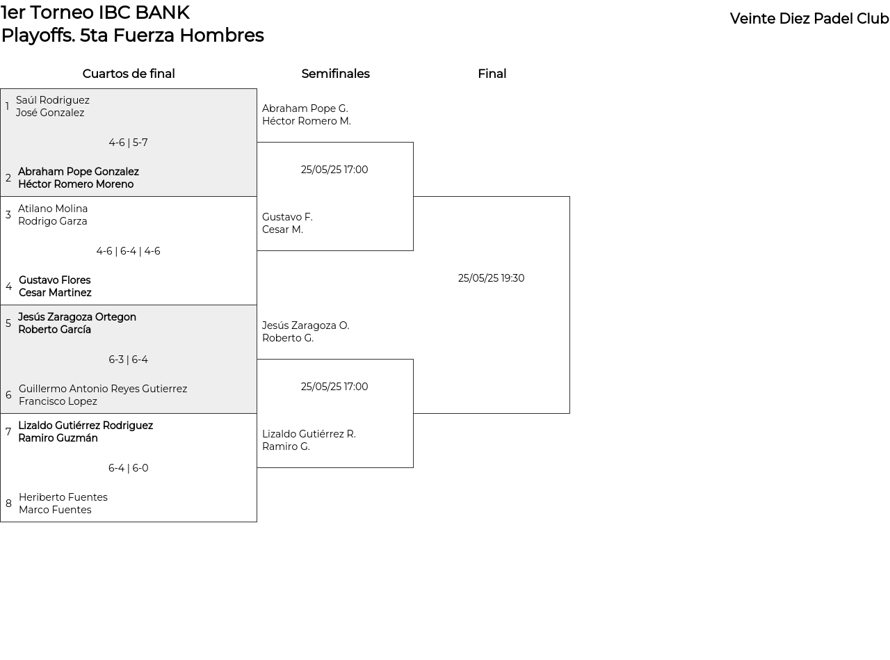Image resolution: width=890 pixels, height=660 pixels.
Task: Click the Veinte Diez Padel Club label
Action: pyautogui.click(x=809, y=19)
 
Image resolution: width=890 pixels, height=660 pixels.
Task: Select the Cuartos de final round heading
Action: pyautogui.click(x=129, y=74)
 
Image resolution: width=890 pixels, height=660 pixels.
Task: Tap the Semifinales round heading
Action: pyautogui.click(x=335, y=74)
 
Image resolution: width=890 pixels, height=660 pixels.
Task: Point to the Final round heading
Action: pyautogui.click(x=492, y=74)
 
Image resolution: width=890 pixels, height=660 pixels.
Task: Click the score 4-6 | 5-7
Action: pyautogui.click(x=128, y=143)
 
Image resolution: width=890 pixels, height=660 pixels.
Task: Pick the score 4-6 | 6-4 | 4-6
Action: pyautogui.click(x=128, y=251)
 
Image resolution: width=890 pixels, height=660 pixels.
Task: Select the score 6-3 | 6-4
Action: pyautogui.click(x=128, y=360)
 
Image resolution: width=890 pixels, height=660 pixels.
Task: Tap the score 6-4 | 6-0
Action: pyautogui.click(x=128, y=467)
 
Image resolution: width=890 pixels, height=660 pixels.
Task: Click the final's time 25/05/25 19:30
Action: pyautogui.click(x=491, y=277)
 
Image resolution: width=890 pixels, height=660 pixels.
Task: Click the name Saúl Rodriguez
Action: pyautogui.click(x=53, y=100)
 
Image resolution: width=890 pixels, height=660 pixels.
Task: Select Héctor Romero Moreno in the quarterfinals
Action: pyautogui.click(x=76, y=184)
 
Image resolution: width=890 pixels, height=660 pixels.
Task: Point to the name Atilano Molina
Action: pyautogui.click(x=53, y=209)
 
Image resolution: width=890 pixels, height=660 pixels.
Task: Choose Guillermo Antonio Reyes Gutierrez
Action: pyautogui.click(x=103, y=389)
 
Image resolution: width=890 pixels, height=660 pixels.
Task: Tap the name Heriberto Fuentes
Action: pyautogui.click(x=63, y=497)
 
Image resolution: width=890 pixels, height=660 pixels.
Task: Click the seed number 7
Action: pyautogui.click(x=8, y=432)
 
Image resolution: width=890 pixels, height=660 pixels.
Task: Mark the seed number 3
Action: pyautogui.click(x=8, y=215)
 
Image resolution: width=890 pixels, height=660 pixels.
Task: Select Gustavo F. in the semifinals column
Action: pyautogui.click(x=287, y=217)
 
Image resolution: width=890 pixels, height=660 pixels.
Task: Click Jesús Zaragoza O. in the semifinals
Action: pyautogui.click(x=306, y=325)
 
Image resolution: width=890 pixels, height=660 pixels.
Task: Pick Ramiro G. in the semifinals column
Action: pyautogui.click(x=286, y=446)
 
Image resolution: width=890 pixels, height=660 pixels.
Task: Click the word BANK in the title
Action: pyautogui.click(x=162, y=13)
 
